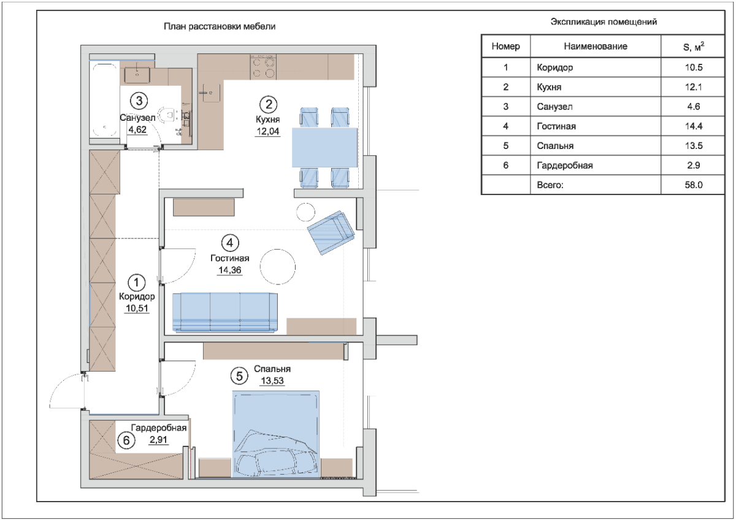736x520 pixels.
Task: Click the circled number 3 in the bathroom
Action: click(139, 101)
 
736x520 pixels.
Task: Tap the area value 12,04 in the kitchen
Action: click(268, 131)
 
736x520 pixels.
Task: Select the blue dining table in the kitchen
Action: click(324, 148)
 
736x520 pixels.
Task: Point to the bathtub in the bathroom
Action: click(104, 100)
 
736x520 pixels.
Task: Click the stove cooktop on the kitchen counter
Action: click(263, 67)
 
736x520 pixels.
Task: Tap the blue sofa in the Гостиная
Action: click(225, 312)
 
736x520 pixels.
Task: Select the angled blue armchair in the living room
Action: click(331, 232)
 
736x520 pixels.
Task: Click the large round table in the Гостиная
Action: click(278, 267)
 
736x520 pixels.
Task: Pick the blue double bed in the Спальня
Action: click(275, 434)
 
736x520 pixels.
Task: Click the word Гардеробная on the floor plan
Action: click(159, 427)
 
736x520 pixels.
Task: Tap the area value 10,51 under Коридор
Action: click(137, 308)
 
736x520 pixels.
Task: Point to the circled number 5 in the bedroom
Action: click(239, 376)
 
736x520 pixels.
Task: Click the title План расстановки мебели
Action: click(220, 26)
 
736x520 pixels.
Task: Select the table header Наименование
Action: click(596, 47)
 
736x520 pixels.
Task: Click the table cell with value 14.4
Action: click(694, 126)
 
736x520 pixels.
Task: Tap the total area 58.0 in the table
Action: click(694, 185)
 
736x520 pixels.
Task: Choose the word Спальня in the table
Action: click(555, 146)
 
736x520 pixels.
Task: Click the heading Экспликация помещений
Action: click(604, 21)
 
